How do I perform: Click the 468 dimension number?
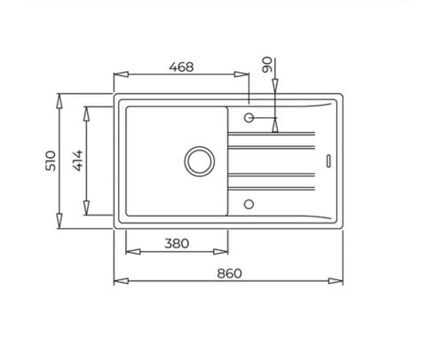click(181, 67)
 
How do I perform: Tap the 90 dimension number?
click(267, 65)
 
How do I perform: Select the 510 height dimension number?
click(51, 160)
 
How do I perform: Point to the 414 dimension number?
click(78, 160)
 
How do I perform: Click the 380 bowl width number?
click(177, 244)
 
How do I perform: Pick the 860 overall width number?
click(229, 273)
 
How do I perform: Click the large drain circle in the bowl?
click(200, 161)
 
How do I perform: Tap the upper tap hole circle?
click(248, 118)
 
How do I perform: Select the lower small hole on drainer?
click(248, 204)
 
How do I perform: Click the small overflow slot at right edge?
click(328, 160)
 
